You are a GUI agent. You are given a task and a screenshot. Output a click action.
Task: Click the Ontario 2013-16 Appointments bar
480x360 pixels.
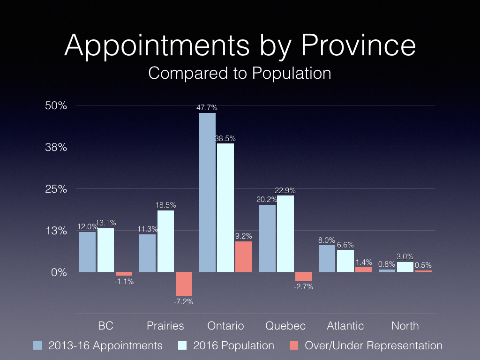pyautogui.click(x=207, y=192)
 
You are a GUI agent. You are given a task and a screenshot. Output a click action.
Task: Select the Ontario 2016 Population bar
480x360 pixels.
pyautogui.click(x=225, y=208)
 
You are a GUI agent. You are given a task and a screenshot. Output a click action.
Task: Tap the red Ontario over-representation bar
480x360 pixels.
pyautogui.click(x=243, y=256)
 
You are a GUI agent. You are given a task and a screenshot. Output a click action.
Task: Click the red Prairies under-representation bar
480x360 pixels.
pyautogui.click(x=184, y=284)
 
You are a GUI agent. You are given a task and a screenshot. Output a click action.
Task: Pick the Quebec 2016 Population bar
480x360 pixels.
pyautogui.click(x=285, y=233)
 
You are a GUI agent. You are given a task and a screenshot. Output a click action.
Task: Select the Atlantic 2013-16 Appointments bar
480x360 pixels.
pyautogui.click(x=327, y=258)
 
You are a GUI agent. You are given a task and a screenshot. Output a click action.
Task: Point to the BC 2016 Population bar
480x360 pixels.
pyautogui.click(x=105, y=250)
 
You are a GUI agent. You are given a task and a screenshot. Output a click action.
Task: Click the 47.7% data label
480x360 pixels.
pyautogui.click(x=207, y=108)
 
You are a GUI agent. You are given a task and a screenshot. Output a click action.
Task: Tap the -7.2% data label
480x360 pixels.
pyautogui.click(x=183, y=301)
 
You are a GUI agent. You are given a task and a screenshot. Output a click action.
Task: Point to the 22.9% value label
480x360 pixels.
pyautogui.click(x=285, y=190)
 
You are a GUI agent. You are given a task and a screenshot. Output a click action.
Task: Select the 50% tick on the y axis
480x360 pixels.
pyautogui.click(x=56, y=105)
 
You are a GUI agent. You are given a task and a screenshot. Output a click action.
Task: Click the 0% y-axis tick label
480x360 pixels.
pyautogui.click(x=59, y=272)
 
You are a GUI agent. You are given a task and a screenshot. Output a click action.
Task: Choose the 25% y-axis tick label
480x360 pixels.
pyautogui.click(x=56, y=189)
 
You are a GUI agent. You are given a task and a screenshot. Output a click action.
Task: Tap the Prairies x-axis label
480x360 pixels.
pyautogui.click(x=165, y=326)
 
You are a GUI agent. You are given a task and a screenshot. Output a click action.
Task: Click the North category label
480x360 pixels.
pyautogui.click(x=405, y=326)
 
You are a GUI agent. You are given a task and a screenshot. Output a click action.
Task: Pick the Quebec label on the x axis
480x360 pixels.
pyautogui.click(x=285, y=326)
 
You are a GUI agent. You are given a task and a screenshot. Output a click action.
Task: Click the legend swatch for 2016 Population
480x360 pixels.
pyautogui.click(x=184, y=345)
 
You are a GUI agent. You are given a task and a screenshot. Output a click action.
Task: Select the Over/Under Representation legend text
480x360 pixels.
pyautogui.click(x=373, y=345)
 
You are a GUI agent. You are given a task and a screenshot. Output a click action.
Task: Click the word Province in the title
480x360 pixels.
pyautogui.click(x=358, y=46)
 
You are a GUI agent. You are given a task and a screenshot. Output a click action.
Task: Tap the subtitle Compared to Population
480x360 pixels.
pyautogui.click(x=240, y=73)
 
